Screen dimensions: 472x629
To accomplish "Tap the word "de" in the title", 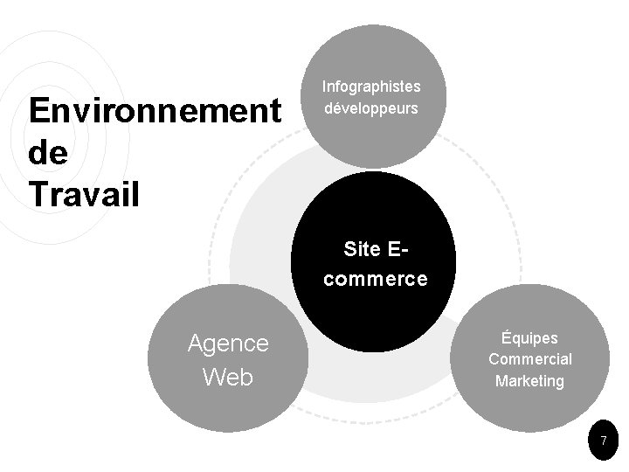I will (x=47, y=152).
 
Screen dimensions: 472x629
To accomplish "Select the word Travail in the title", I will (x=84, y=193).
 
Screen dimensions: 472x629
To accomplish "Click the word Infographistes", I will (x=371, y=87).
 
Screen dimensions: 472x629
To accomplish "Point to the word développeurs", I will (x=371, y=109).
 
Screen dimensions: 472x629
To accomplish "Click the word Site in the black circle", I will (x=363, y=249).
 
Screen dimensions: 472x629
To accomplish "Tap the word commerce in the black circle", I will (x=372, y=280).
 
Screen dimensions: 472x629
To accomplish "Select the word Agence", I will (x=228, y=344).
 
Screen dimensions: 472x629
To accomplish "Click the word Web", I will (x=227, y=378).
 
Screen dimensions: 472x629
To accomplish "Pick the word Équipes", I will (x=529, y=337).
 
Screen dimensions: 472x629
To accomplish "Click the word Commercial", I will (x=530, y=359).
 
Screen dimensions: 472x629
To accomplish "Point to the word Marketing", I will (x=529, y=381).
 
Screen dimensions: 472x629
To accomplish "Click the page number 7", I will (x=603, y=442).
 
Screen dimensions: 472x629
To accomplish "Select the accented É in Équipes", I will (x=506, y=337).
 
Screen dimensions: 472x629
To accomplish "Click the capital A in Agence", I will (x=196, y=344).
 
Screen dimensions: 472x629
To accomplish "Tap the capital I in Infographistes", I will (x=324, y=87).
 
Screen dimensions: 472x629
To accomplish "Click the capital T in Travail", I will (x=38, y=193).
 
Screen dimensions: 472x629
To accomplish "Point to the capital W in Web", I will (x=213, y=378).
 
